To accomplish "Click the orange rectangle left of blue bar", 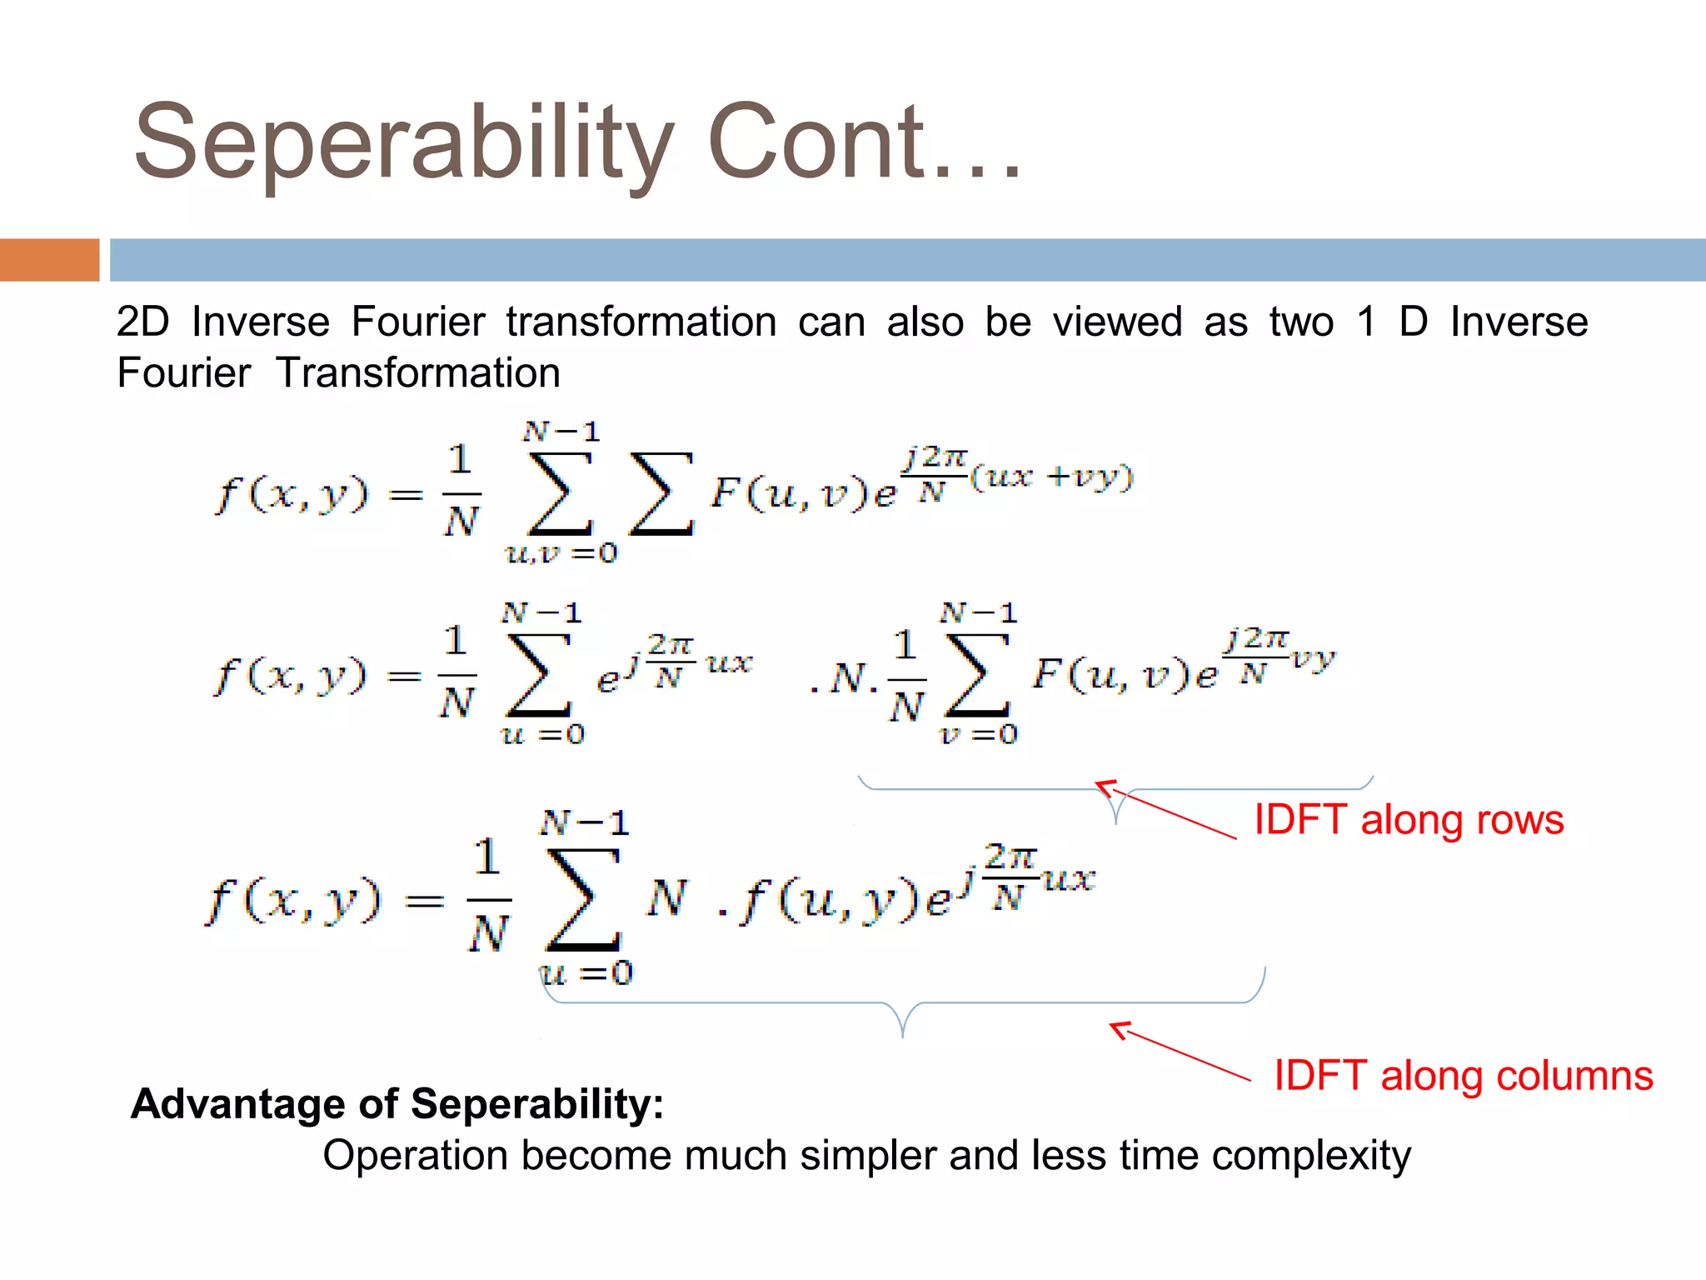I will [x=49, y=260].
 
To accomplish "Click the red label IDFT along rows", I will [x=1409, y=819].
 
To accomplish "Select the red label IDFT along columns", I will [x=1463, y=1075].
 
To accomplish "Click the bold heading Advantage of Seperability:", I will [x=397, y=1103].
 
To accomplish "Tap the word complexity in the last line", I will [x=1311, y=1156].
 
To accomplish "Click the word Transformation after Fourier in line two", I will [x=418, y=372].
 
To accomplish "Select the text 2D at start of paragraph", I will [x=142, y=322].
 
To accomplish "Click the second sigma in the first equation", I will [x=661, y=493].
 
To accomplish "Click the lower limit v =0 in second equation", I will [x=978, y=734].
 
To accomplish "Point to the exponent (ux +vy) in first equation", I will [x=1051, y=477].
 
